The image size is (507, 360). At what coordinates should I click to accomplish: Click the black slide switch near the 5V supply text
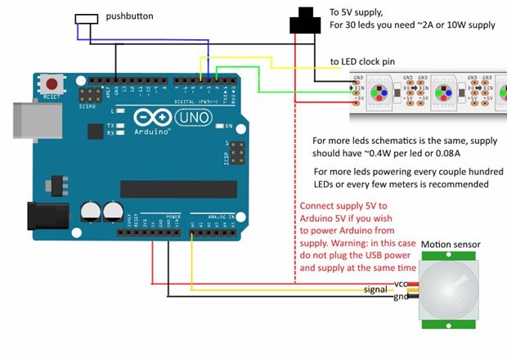click(305, 21)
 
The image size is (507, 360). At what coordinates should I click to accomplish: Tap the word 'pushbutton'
click(129, 16)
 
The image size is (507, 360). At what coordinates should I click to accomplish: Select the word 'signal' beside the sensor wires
click(376, 290)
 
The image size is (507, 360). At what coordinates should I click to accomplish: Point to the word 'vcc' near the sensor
click(401, 283)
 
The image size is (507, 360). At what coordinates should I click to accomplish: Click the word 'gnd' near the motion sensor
click(401, 296)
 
